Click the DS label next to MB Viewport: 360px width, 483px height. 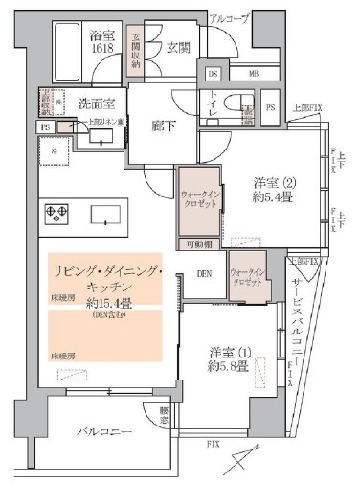pyautogui.click(x=213, y=72)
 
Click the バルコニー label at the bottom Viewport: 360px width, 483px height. pyautogui.click(x=104, y=432)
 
